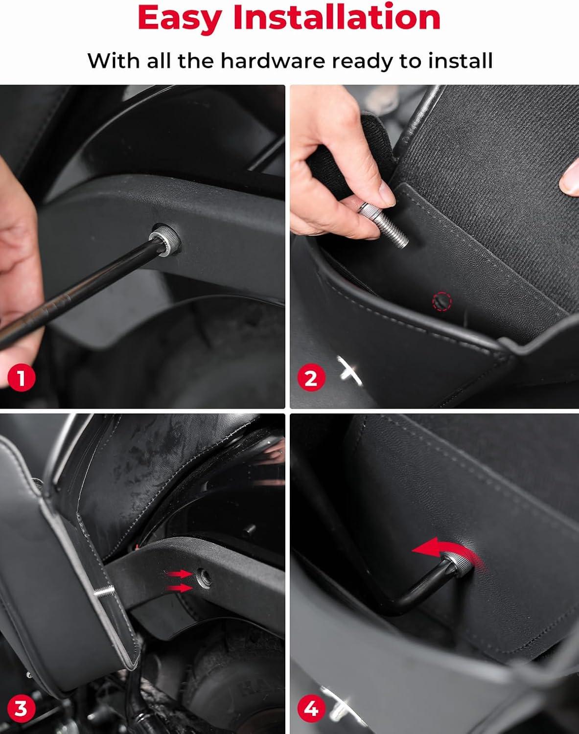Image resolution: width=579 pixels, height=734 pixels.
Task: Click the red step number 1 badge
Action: click(x=22, y=378)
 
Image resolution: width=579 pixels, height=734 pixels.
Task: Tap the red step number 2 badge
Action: click(x=311, y=378)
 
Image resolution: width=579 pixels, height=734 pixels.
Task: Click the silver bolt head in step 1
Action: click(x=164, y=239)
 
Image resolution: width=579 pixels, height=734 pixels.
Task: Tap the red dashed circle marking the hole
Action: click(x=442, y=301)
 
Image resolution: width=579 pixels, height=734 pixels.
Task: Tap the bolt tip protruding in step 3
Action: click(x=104, y=592)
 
